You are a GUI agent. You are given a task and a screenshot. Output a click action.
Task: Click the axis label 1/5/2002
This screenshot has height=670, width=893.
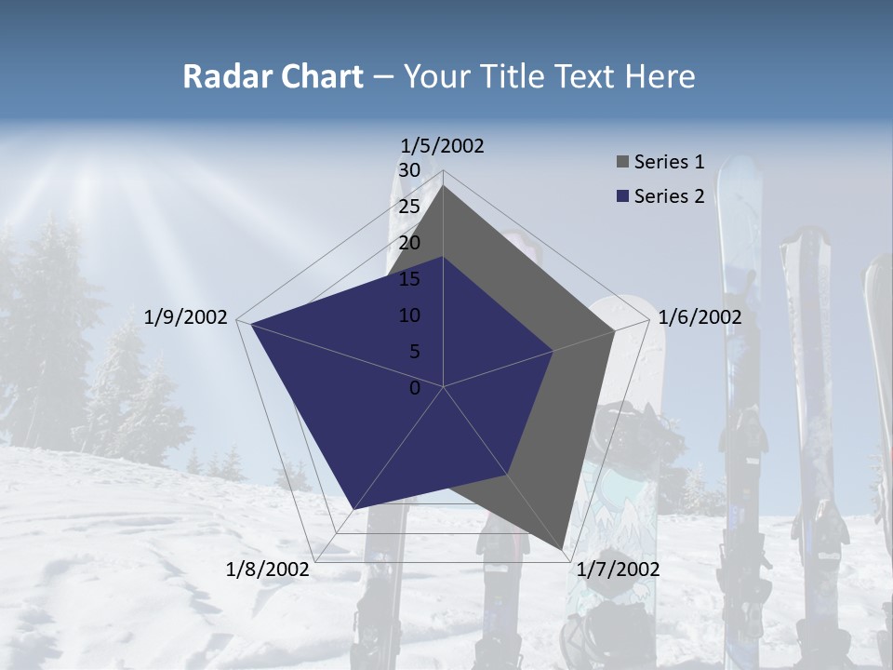tap(443, 145)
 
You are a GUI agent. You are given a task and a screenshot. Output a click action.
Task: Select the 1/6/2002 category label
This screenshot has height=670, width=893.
tap(700, 317)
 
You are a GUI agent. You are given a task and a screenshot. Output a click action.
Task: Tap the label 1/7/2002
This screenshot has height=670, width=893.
tap(618, 569)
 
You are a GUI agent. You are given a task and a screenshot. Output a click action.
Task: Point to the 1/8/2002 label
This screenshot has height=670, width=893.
tap(268, 569)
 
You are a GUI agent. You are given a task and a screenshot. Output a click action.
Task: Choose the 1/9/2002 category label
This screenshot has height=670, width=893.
tap(186, 317)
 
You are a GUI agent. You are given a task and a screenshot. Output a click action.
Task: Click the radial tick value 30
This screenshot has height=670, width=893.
tap(409, 170)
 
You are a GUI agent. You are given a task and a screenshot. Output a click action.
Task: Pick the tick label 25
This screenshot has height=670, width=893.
tap(409, 207)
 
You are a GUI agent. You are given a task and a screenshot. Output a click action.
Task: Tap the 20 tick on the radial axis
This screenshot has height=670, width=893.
tap(409, 243)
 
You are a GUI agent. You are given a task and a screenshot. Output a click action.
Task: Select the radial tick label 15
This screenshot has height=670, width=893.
tap(409, 279)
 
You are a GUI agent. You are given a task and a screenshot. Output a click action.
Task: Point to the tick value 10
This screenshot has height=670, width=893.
tap(409, 315)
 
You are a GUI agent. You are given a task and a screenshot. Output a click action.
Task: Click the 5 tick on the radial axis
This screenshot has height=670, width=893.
tap(414, 352)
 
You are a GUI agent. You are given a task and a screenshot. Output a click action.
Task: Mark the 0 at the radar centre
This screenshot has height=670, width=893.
tap(415, 388)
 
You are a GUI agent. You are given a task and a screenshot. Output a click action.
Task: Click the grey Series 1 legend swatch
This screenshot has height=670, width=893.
tap(622, 163)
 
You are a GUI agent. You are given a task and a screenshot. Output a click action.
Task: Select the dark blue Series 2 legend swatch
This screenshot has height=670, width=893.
tap(622, 196)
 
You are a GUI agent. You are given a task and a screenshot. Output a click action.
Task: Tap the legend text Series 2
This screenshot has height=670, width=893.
tap(669, 196)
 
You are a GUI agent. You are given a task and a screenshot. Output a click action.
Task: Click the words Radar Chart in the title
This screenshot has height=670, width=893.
tap(273, 76)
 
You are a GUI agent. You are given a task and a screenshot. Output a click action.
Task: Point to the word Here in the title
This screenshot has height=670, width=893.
tap(660, 76)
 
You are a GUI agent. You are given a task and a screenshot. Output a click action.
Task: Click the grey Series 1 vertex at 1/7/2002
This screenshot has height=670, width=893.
tap(562, 549)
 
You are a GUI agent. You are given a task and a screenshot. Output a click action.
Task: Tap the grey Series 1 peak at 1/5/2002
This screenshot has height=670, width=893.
tap(443, 186)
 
